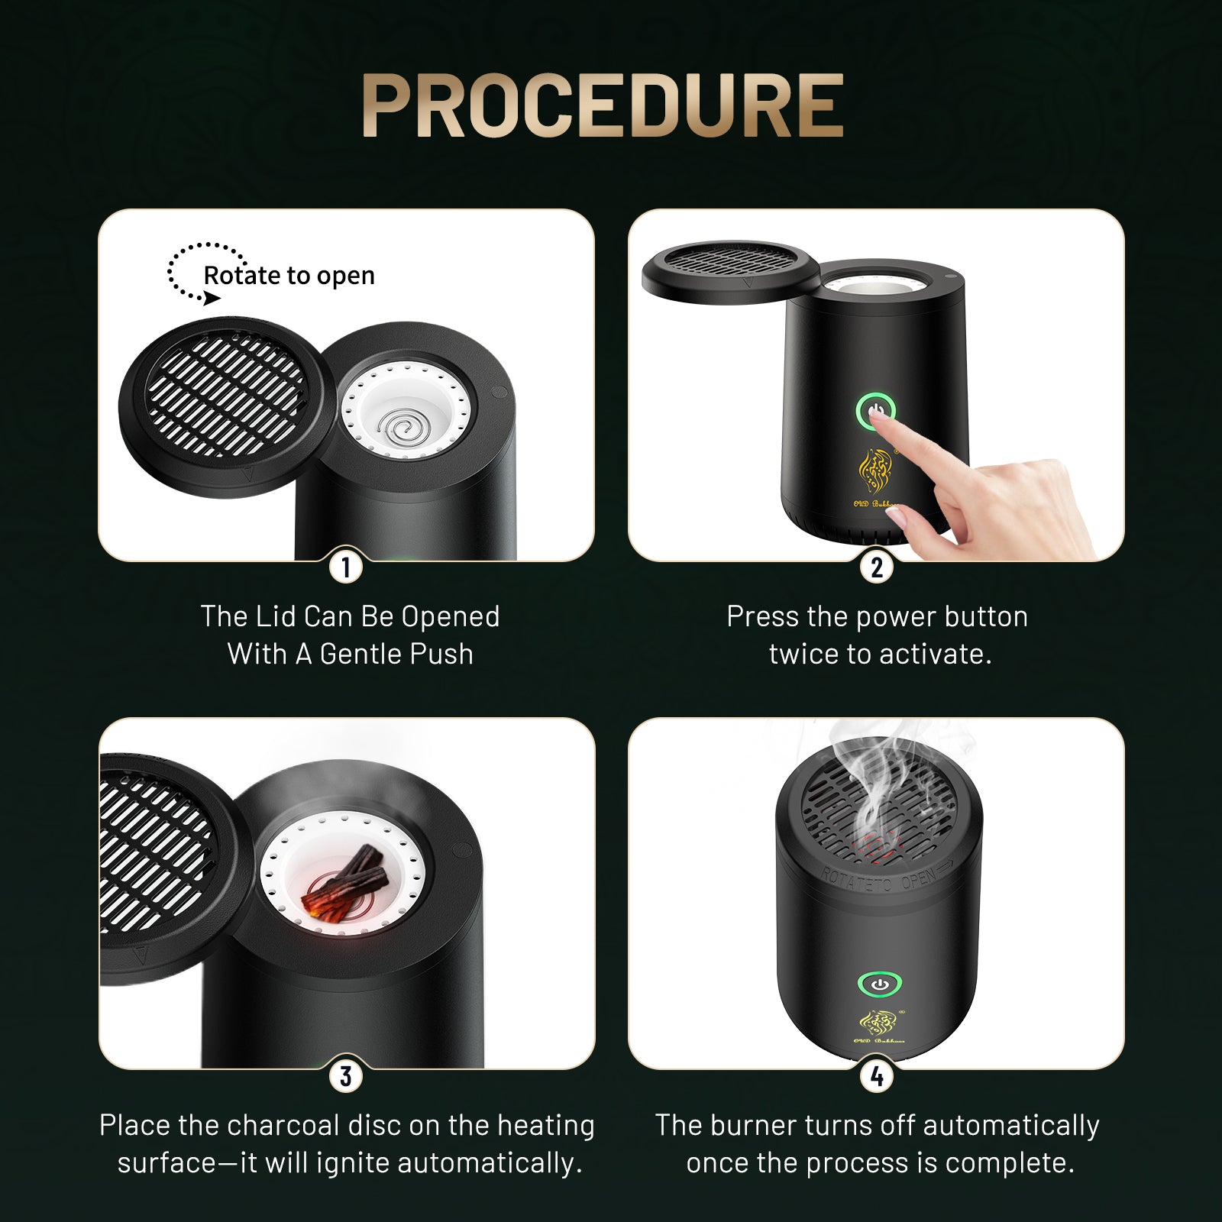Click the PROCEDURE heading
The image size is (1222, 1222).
point(603,106)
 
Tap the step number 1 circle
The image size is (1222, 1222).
point(346,567)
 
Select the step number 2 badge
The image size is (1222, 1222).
point(876,567)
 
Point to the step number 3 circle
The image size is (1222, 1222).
point(346,1076)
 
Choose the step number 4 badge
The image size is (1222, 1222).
point(876,1076)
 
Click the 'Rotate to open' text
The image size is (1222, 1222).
point(289,276)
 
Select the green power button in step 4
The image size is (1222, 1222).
point(879,984)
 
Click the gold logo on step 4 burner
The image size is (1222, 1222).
point(879,1023)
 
